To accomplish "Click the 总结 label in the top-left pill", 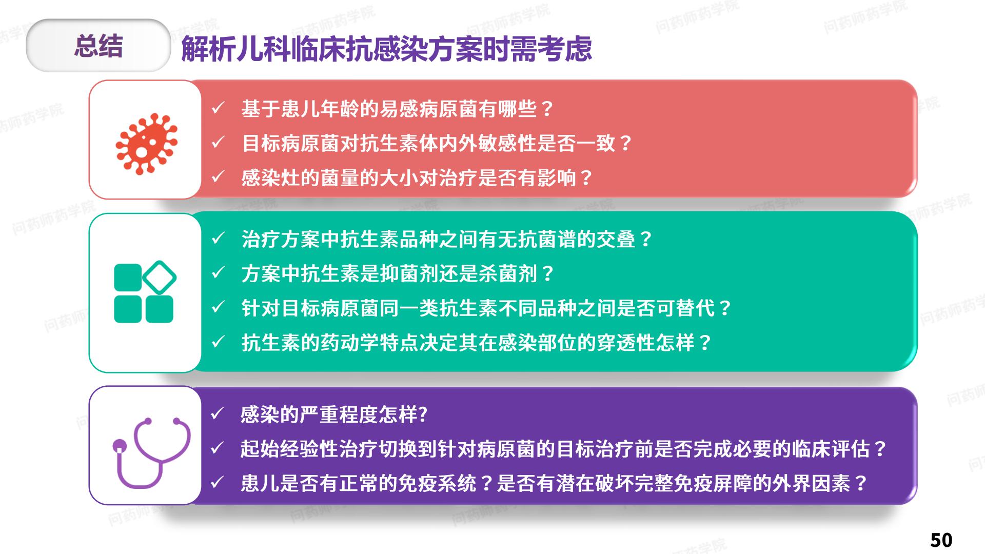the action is click(x=98, y=46).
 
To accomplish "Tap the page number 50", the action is click(x=941, y=540).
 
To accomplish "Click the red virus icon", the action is click(x=147, y=144).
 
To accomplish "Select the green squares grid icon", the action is click(x=145, y=291).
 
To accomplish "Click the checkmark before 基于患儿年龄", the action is click(x=218, y=108).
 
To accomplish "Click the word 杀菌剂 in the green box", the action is click(x=507, y=274).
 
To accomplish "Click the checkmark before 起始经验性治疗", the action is click(x=217, y=448).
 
